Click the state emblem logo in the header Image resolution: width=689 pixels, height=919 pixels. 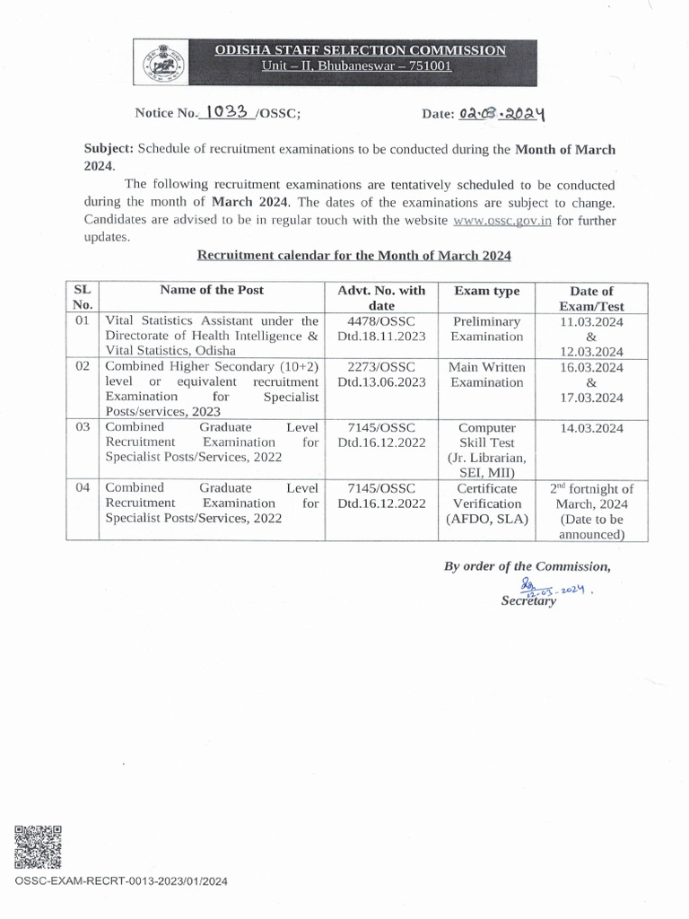[x=159, y=62]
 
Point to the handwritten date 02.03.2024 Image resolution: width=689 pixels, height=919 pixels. [x=503, y=113]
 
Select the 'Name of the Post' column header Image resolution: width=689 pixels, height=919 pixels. [x=212, y=290]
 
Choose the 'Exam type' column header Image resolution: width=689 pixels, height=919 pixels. [x=486, y=291]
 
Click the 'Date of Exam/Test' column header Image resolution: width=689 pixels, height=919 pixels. [x=591, y=298]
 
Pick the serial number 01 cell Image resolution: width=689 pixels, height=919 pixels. [x=83, y=320]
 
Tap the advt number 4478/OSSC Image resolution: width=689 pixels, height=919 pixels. [x=381, y=320]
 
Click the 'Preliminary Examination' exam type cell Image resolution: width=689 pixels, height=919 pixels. [x=486, y=328]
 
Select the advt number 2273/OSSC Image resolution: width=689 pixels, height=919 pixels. [x=381, y=367]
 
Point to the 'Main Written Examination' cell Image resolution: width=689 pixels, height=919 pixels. [x=486, y=374]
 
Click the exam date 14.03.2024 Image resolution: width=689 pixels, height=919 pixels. [x=591, y=428]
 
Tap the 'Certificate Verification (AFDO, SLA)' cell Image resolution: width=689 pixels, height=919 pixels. [x=486, y=503]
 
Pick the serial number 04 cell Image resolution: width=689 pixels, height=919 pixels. [x=83, y=488]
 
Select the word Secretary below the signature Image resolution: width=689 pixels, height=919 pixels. [x=528, y=601]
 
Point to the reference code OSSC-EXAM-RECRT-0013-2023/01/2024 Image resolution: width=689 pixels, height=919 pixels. [x=121, y=881]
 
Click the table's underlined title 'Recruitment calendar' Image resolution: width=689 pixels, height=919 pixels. [x=353, y=256]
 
